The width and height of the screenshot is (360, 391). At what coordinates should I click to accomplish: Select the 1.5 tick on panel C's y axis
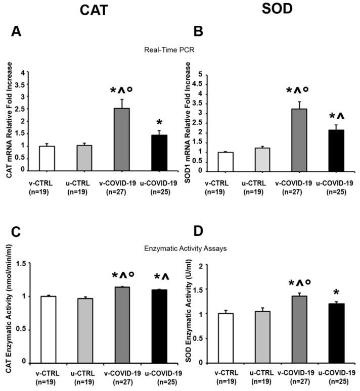tap(21, 263)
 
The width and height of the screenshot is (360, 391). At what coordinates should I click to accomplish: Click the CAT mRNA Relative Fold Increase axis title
tap(10, 122)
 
